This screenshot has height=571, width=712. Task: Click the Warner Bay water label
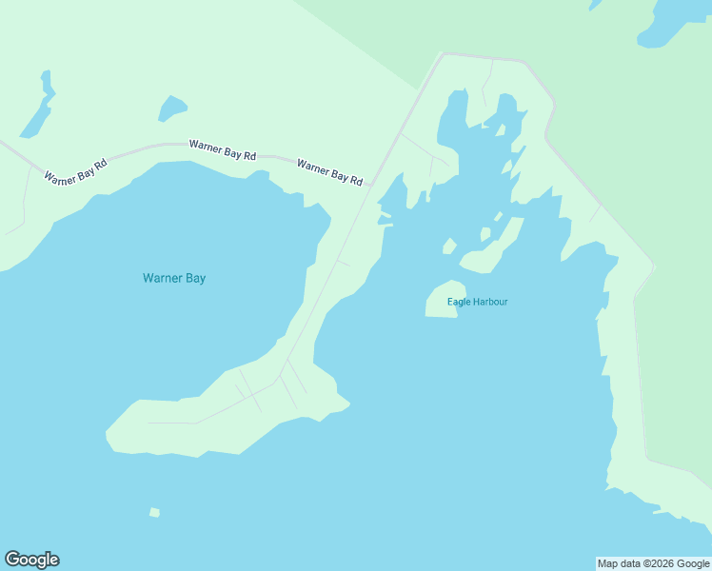pyautogui.click(x=174, y=278)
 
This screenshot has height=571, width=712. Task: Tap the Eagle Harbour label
pyautogui.click(x=478, y=302)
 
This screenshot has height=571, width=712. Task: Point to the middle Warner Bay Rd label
pyautogui.click(x=222, y=149)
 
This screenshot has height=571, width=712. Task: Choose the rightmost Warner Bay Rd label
pyautogui.click(x=329, y=171)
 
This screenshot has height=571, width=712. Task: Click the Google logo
pyautogui.click(x=31, y=560)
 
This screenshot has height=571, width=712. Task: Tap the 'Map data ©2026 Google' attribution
pyautogui.click(x=654, y=563)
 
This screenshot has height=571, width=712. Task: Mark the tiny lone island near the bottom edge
pyautogui.click(x=154, y=512)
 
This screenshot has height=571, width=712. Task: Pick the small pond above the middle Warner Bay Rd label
pyautogui.click(x=172, y=108)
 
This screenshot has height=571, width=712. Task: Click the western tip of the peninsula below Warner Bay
pyautogui.click(x=109, y=435)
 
